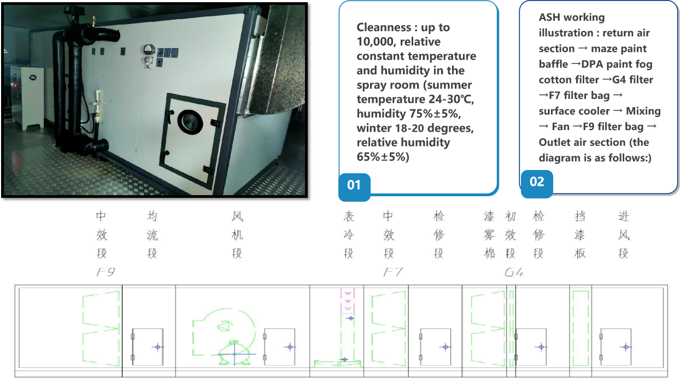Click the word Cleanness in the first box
[384, 27]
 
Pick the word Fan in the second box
[560, 127]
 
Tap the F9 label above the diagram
[105, 272]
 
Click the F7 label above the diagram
[393, 272]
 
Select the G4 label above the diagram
[514, 272]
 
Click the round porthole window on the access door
[191, 122]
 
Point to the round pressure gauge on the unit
[149, 50]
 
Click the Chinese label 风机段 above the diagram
[237, 234]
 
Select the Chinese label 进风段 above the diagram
[624, 234]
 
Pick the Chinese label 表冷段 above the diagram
[349, 234]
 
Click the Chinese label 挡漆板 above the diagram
[580, 234]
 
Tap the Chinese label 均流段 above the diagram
[152, 234]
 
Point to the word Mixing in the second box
[643, 111]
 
